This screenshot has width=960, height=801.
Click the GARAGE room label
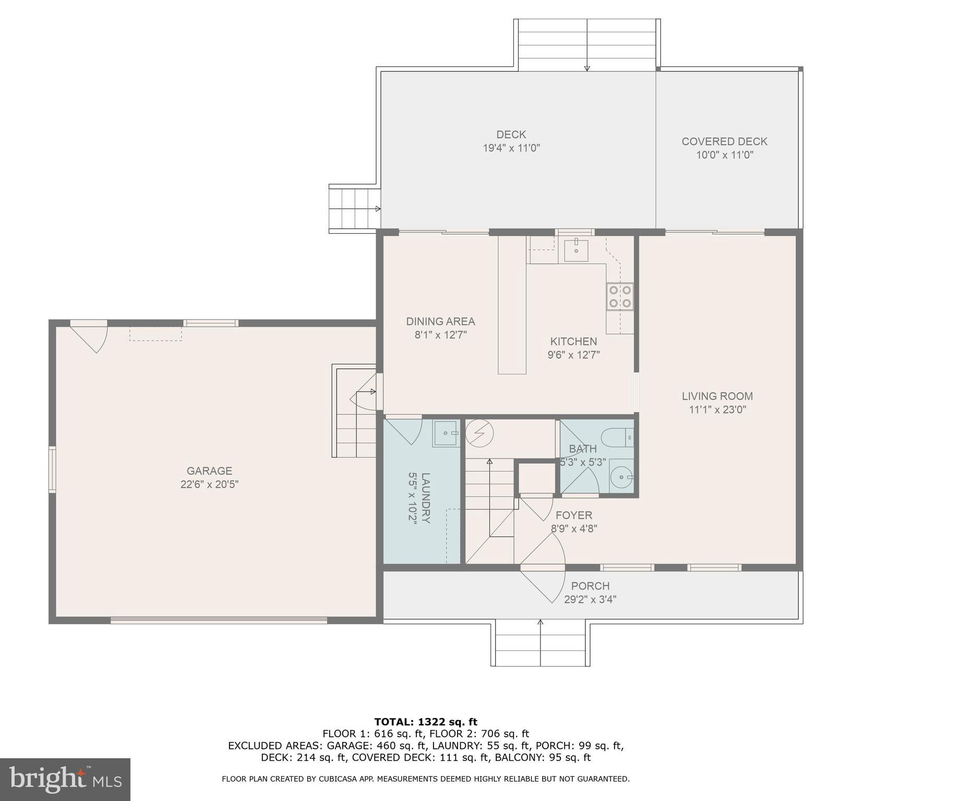coord(209,471)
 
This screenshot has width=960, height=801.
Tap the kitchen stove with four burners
coord(620,296)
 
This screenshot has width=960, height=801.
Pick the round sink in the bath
coord(621,476)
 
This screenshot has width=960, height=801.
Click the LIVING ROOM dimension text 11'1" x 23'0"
coord(717,410)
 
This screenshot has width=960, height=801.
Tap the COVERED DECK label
coord(724,141)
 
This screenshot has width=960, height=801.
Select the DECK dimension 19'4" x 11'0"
coord(511,148)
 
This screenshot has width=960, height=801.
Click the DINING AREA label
coord(440,322)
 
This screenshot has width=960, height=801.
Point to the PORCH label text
coord(590,586)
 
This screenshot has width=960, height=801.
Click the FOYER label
coord(574,515)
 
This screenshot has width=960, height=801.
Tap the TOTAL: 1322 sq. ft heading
coord(425,722)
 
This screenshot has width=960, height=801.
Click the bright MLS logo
coord(65,779)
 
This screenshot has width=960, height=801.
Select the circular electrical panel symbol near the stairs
coord(479,433)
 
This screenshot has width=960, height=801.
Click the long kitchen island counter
coord(512,305)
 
